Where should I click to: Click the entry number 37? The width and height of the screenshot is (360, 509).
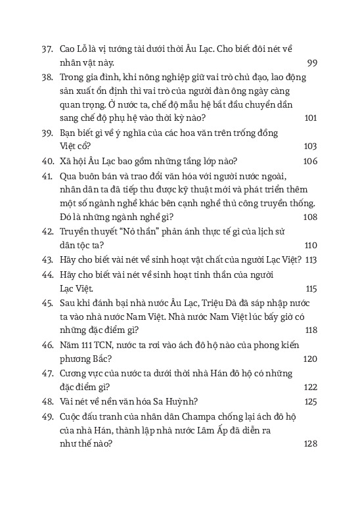(47, 48)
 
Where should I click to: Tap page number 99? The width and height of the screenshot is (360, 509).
(312, 62)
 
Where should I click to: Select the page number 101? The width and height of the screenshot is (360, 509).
(311, 118)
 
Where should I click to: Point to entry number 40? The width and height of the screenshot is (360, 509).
(47, 162)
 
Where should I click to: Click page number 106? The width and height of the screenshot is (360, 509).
(310, 162)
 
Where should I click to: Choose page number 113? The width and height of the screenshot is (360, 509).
(311, 259)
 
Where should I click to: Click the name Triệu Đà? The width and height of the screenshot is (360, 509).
(222, 302)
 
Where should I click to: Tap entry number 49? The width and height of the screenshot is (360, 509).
(47, 415)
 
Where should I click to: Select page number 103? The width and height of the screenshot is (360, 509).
(311, 146)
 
